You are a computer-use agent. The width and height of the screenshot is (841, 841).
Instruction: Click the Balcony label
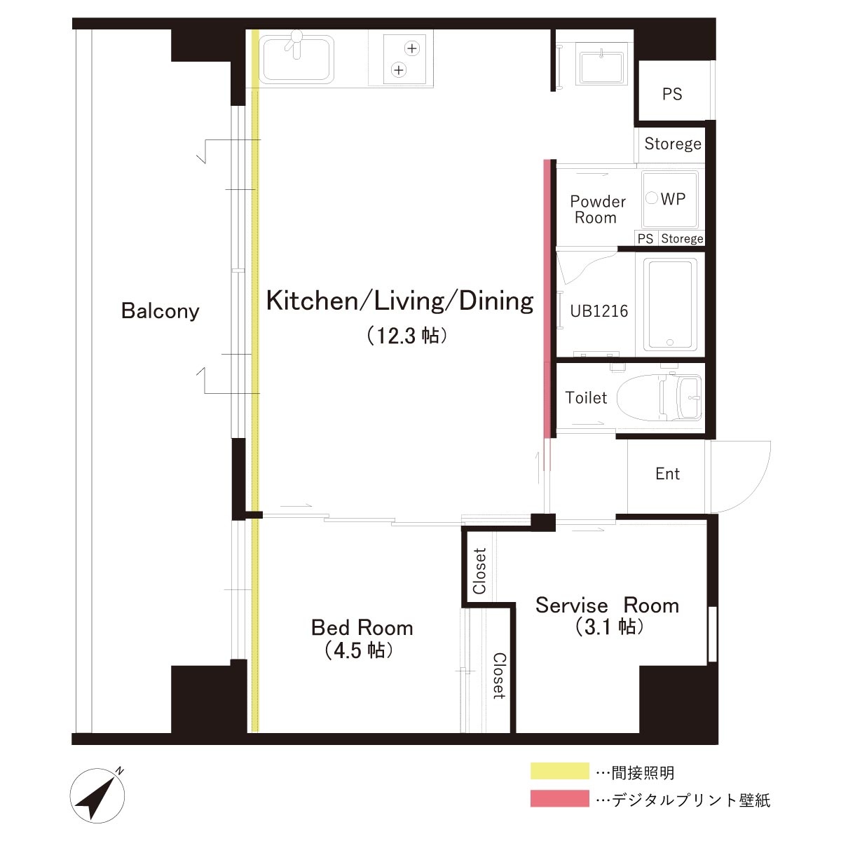point(160,311)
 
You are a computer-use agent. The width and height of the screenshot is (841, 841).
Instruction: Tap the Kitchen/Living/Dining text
point(399,301)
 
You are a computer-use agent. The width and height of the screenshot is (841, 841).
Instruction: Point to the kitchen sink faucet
point(296,43)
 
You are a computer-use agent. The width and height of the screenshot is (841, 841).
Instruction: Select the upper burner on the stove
point(412,48)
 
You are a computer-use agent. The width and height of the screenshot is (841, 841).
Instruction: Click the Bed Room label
point(362,627)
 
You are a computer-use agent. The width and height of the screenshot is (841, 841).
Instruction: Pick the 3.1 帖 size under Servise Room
point(609,627)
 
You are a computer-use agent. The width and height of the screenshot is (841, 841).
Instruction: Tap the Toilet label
point(586,397)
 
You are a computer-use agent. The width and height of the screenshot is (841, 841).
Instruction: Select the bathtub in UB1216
point(670,304)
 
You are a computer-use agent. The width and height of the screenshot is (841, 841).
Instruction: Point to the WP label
point(673,199)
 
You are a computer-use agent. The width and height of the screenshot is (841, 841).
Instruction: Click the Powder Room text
point(598,210)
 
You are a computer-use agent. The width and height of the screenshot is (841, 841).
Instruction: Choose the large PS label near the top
point(671,94)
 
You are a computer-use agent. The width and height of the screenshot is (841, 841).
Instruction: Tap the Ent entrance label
point(667,474)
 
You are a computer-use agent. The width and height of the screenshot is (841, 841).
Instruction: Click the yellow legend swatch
point(559,771)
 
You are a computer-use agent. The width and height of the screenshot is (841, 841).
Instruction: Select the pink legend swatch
point(559,798)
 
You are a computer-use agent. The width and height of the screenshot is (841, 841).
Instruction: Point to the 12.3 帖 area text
point(406,336)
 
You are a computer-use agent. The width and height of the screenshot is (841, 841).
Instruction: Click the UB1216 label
point(599,311)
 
